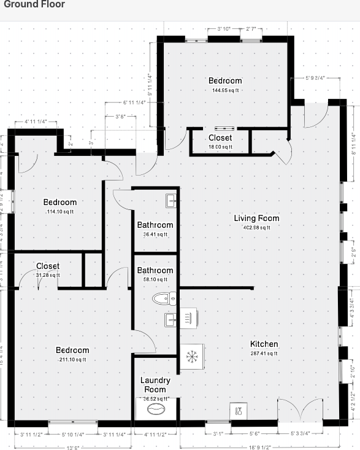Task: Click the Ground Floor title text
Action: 33,5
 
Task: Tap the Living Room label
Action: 256,218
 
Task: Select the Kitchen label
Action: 264,344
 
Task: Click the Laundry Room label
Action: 155,385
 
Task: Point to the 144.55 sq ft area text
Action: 225,90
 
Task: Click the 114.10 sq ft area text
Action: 59,212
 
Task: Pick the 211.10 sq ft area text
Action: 72,359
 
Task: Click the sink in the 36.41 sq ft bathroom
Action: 171,200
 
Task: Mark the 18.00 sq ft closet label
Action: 220,147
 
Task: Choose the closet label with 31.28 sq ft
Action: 47,275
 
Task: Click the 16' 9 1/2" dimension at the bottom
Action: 258,446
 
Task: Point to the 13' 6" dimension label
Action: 72,446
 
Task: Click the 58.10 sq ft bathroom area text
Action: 155,279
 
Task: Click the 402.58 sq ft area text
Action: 256,227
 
